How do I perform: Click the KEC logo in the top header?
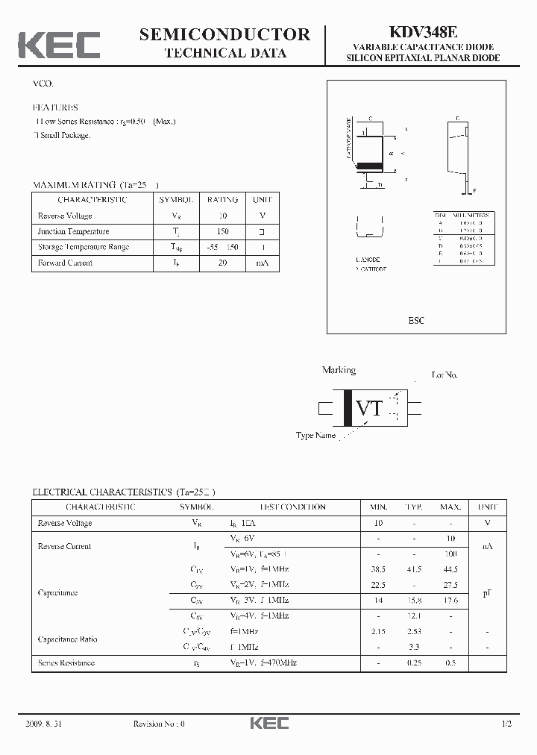[x=59, y=44]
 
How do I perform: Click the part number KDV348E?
[x=423, y=32]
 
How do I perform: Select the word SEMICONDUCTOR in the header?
[x=224, y=34]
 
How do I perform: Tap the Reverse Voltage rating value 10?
[x=222, y=216]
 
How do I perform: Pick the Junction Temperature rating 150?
[x=222, y=231]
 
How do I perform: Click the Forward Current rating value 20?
[x=222, y=263]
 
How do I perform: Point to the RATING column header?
[x=222, y=200]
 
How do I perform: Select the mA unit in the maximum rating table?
[x=262, y=263]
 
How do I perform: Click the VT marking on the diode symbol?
[x=369, y=408]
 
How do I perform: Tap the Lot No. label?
[x=445, y=375]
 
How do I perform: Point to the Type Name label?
[x=315, y=436]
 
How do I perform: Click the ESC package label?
[x=416, y=320]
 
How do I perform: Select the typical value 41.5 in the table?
[x=414, y=569]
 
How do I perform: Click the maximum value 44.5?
[x=450, y=569]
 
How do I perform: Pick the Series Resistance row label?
[x=66, y=662]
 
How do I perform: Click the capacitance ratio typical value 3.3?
[x=414, y=647]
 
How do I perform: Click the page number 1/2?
[x=506, y=724]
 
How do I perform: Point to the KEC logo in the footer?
[x=268, y=723]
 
